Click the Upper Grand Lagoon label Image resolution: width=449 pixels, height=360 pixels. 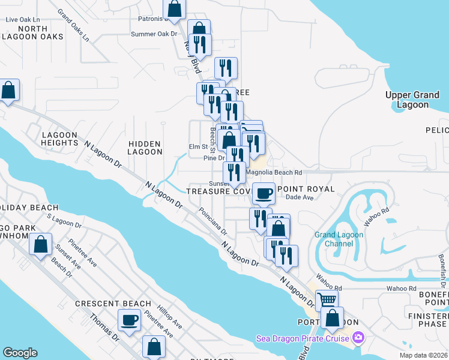point(415,100)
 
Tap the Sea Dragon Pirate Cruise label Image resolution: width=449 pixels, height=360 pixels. point(303,338)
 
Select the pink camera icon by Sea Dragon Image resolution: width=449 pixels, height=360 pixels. point(358,338)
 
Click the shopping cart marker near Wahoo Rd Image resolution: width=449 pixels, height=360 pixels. point(327,300)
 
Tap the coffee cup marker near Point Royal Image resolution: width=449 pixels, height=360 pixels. point(262,193)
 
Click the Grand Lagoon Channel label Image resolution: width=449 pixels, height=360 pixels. point(339,239)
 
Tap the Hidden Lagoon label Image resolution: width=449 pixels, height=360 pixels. point(145,148)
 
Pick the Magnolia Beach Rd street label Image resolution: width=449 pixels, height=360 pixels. point(274,172)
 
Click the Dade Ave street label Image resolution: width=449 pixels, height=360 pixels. point(300,197)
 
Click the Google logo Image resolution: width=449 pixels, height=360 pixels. point(20,353)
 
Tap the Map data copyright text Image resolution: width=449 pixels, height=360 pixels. point(423,355)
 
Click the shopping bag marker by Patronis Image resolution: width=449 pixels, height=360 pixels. point(174,8)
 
